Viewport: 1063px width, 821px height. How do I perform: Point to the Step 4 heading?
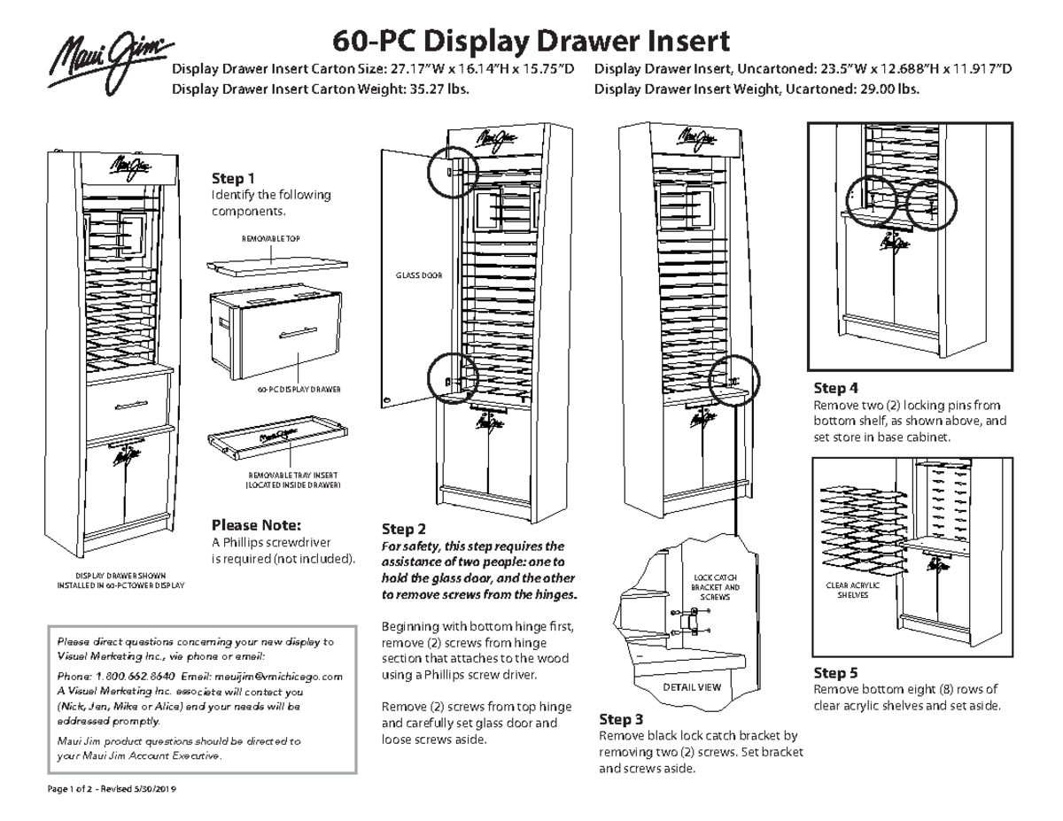tap(836, 388)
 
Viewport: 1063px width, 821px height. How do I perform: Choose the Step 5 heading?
tap(836, 673)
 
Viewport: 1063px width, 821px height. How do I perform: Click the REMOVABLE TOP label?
tap(275, 240)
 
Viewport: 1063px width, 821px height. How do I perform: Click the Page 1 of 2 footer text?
tap(91, 788)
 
